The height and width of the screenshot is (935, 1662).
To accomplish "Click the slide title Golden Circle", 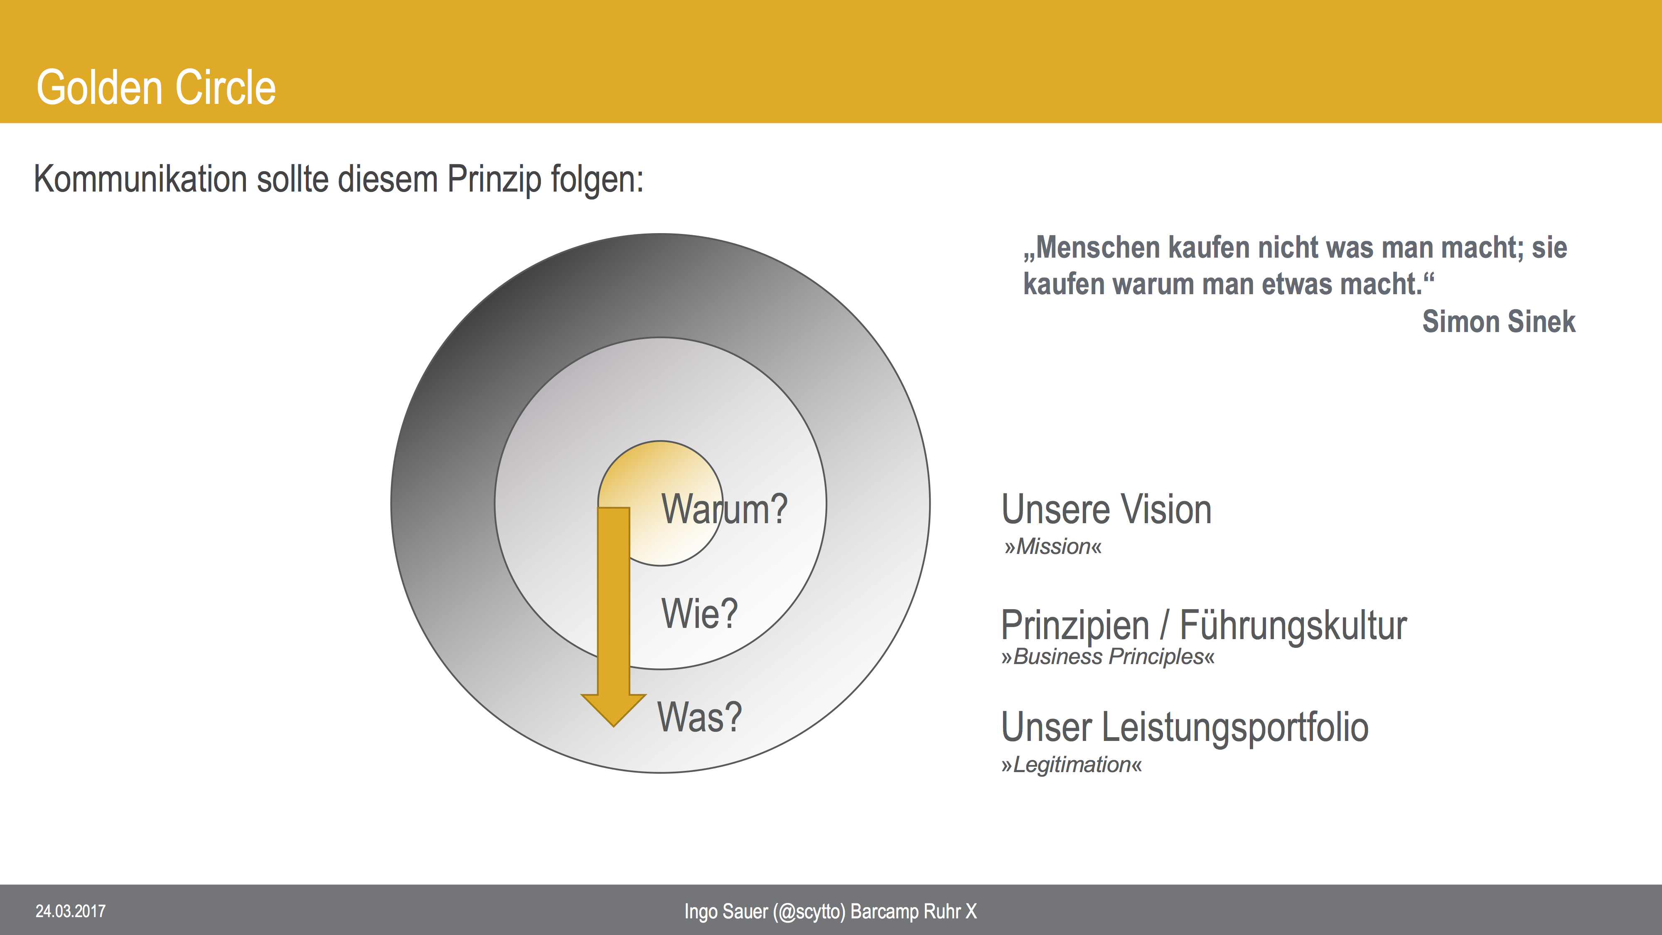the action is coord(156,88).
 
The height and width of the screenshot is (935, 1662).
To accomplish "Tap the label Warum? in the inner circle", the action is coord(724,509).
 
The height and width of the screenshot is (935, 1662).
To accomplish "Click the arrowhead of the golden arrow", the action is coord(614,709).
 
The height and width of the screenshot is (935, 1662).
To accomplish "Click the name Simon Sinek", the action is coord(1498,321).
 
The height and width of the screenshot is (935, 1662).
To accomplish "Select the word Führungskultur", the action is coord(1293,625).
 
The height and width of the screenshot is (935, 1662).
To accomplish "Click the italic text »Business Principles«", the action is coord(1108,657).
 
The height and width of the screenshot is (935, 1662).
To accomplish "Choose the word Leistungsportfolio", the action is coord(1235,728).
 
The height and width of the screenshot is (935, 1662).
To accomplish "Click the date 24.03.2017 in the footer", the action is coord(70,911).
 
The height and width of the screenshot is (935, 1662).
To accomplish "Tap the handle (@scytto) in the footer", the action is coord(809,912).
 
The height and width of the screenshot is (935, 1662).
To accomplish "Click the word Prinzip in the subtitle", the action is coord(494,180).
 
